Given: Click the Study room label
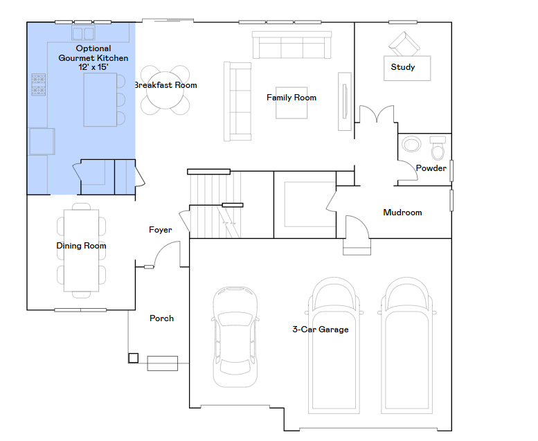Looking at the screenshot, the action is (403, 67).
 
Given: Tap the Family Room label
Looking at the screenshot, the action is (292, 98).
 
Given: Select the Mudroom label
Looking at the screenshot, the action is (402, 213).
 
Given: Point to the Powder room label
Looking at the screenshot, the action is (431, 168).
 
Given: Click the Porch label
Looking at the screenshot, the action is (161, 318).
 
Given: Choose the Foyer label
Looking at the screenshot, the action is (160, 230).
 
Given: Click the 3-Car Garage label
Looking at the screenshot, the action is (321, 330).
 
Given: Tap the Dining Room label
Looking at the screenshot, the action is (81, 246).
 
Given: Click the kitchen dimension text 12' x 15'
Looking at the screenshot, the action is (93, 67).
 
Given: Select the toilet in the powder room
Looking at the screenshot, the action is (438, 148).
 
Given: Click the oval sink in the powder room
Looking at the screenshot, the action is (411, 144).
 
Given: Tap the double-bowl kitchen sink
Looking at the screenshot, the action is (83, 33).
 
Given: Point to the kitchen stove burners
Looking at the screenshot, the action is (39, 84).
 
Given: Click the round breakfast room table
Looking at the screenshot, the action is (165, 90).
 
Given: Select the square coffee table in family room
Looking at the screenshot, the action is (292, 102).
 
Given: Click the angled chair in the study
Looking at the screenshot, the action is (404, 44).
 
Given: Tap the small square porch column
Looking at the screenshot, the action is (134, 358).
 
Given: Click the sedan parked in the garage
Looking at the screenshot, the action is (235, 337).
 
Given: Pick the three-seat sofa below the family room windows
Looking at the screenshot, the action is (292, 45).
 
